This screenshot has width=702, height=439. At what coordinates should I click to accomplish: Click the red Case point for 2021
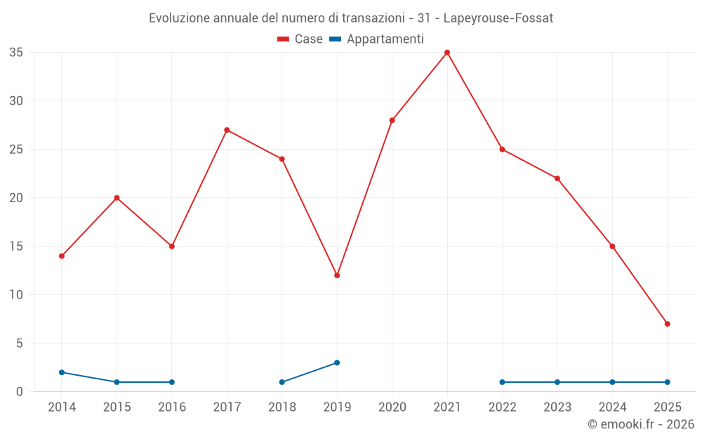pos(447,53)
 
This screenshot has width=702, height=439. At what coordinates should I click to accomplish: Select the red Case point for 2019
pos(337,275)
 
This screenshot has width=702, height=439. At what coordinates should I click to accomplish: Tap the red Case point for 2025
pos(667,324)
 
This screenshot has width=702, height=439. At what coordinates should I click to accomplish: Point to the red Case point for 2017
pos(227,130)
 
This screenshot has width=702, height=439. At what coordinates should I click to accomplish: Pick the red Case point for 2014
pos(62,256)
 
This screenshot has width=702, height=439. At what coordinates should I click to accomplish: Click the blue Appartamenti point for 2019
pos(337,362)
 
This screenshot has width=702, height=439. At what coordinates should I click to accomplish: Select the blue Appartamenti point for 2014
pos(62,372)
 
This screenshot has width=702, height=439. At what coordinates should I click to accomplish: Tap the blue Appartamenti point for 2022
pos(502,382)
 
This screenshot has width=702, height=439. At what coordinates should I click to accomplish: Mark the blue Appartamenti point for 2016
pos(172,382)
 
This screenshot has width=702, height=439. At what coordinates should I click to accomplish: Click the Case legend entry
pos(300,39)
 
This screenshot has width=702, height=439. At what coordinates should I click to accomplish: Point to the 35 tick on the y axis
pos(16,53)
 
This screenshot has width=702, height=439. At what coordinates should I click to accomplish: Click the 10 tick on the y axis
pos(16,295)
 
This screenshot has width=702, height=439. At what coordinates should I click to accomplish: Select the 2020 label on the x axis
pos(392,407)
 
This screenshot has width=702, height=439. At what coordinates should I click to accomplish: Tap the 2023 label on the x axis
pos(557,407)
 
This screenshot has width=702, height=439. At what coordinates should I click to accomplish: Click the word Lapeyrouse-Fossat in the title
pos(498,18)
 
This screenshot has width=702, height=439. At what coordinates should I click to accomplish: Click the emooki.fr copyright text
pos(640,424)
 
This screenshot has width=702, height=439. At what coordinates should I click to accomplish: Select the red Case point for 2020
pos(392,120)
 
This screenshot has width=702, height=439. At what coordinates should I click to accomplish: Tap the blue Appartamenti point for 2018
pos(282,382)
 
